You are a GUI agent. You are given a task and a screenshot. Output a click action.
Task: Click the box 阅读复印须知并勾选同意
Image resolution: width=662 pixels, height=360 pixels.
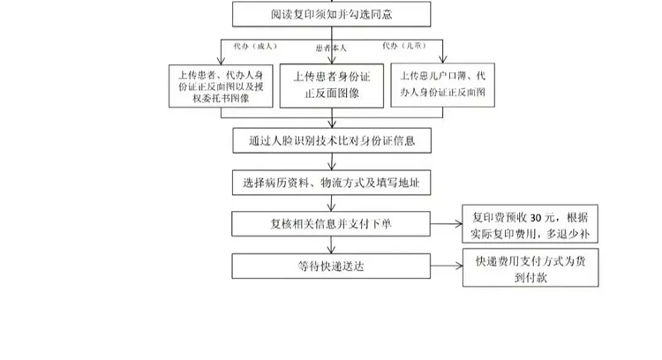point(332,14)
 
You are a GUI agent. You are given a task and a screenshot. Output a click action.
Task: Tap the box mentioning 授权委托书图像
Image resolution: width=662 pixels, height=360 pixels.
point(220,86)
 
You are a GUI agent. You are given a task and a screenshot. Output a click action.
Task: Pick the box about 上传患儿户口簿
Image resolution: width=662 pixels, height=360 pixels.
point(444,83)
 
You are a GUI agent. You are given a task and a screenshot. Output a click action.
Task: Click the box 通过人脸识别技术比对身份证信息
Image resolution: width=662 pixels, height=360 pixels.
point(332,139)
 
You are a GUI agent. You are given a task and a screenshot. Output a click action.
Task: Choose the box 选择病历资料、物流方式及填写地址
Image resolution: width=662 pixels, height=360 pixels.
point(332,183)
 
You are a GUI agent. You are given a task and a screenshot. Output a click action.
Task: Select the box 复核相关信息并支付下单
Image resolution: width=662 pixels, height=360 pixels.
point(332,223)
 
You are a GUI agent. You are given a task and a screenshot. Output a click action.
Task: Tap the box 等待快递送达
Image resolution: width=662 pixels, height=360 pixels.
point(332,265)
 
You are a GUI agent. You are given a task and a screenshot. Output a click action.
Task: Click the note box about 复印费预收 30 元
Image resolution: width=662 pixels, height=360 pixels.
point(530,223)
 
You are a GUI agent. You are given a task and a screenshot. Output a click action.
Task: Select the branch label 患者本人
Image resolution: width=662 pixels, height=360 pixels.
point(331,48)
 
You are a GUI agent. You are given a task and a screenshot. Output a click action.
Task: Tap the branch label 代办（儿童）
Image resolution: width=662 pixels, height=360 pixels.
point(402,44)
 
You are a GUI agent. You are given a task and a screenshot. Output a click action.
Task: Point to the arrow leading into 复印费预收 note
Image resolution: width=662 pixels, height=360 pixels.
point(447,224)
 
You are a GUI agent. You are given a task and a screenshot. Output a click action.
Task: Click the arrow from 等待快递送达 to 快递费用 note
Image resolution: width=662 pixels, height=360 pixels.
point(447,265)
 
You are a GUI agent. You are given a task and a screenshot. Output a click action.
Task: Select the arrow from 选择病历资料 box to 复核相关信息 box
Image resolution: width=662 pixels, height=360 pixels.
point(332,203)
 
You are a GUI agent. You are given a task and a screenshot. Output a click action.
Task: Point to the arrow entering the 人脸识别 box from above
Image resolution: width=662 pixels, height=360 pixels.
point(332,119)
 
